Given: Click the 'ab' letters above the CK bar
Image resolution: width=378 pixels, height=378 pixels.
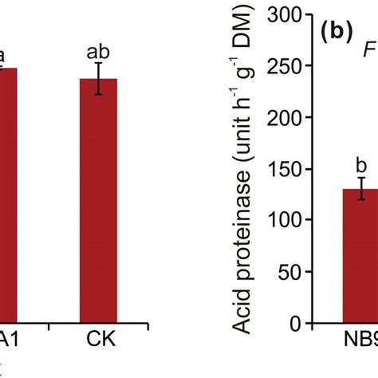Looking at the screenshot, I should point(98,51).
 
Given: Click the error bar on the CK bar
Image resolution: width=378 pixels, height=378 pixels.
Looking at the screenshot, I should point(98,78).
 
